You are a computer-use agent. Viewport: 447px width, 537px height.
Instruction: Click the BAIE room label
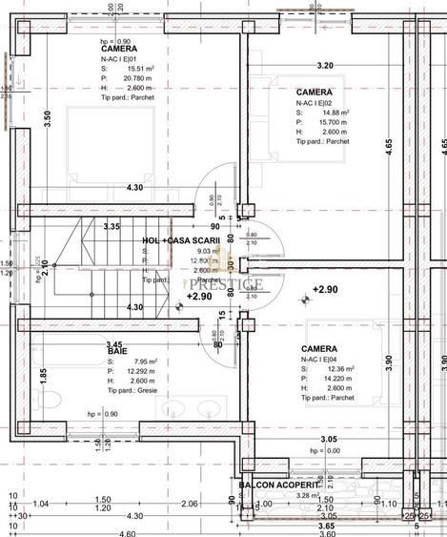point(117,352)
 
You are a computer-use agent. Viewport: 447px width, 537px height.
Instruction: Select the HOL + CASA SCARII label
point(181,241)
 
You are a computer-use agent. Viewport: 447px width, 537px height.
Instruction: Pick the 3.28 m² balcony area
point(281,495)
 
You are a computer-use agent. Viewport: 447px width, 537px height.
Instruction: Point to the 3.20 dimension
point(325,66)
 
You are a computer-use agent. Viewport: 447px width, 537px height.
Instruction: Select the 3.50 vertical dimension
point(48,120)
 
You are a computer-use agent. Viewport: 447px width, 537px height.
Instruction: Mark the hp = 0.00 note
point(324,450)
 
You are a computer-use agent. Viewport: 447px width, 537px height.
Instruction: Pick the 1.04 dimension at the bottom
point(41,503)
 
